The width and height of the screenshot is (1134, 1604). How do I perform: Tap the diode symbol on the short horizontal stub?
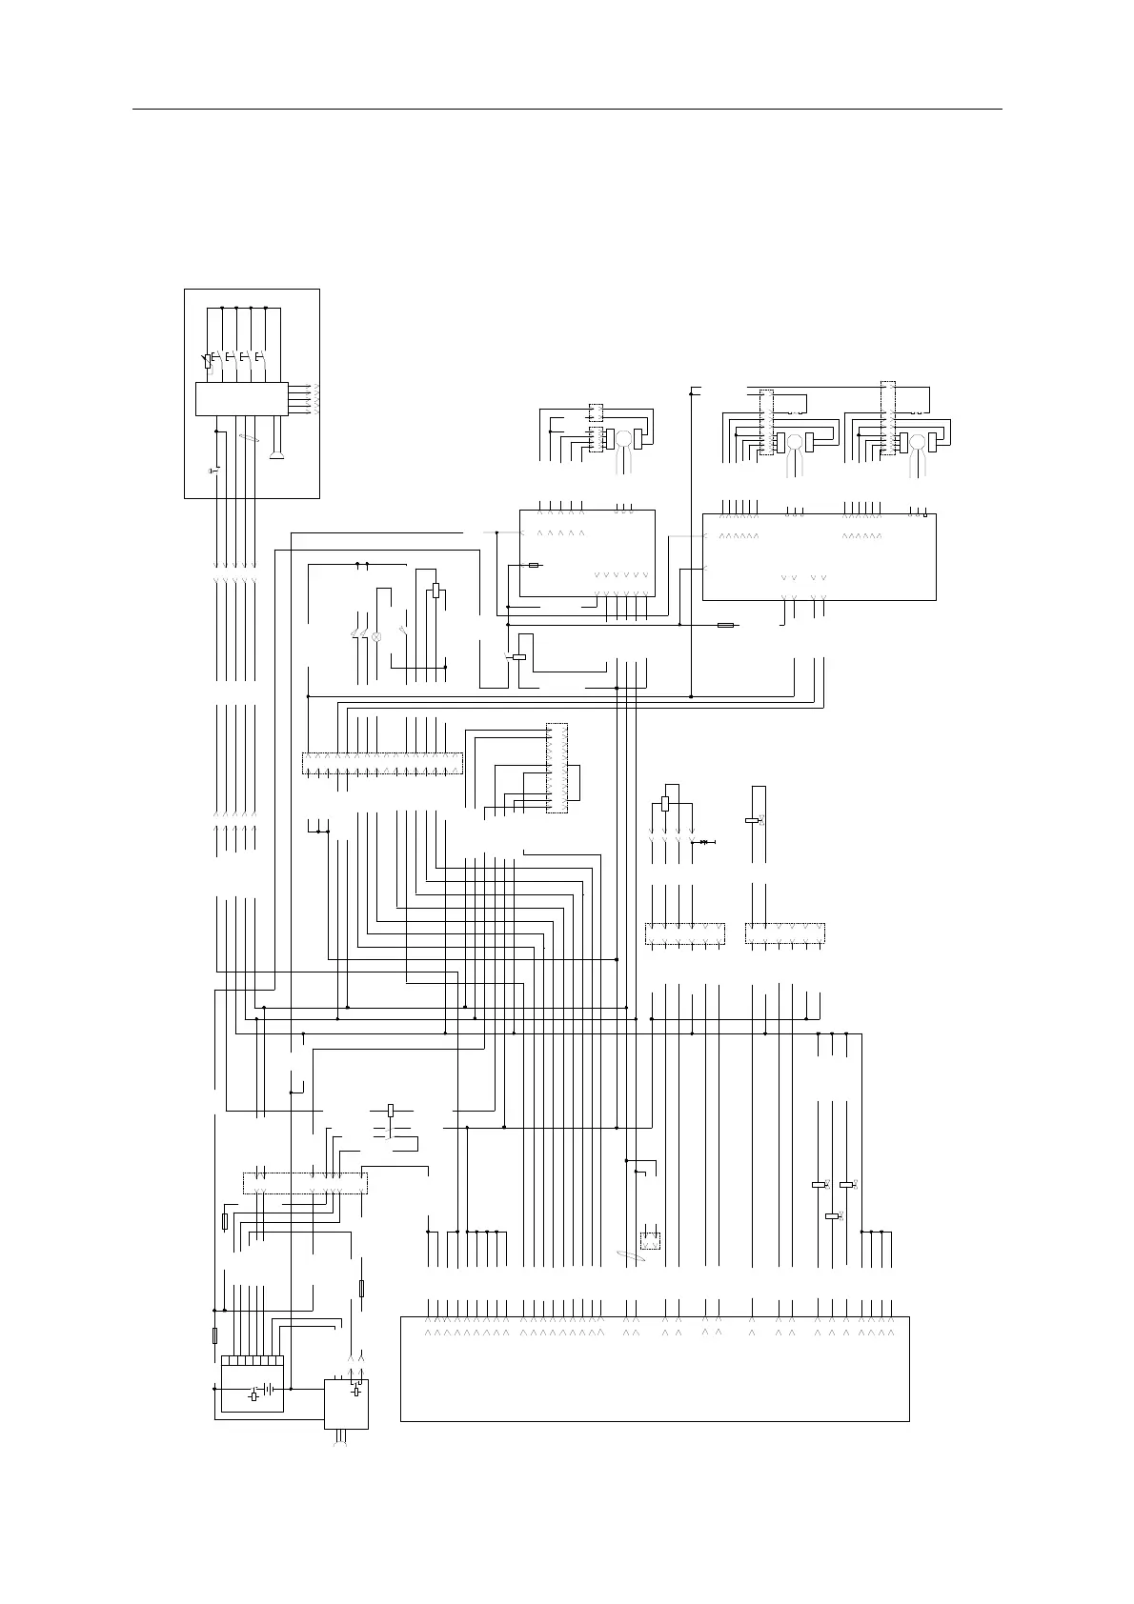coord(704,842)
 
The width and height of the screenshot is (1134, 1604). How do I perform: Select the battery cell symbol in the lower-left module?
coord(273,1390)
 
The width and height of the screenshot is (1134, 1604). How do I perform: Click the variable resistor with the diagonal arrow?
coord(208,360)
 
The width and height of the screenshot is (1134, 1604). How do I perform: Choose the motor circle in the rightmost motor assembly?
coord(918,441)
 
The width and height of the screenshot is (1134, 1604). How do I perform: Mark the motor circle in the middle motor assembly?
coord(793,441)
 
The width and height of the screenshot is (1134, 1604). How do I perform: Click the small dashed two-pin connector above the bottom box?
coord(650,1241)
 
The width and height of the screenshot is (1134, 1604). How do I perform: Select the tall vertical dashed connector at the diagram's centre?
coord(557,768)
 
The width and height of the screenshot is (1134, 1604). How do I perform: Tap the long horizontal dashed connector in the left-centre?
coord(382,763)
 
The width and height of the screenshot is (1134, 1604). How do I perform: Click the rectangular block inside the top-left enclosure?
coord(241,398)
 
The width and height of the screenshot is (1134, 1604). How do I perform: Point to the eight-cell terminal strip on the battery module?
coord(253,1360)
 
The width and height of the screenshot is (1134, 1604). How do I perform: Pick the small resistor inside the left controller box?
coord(534,565)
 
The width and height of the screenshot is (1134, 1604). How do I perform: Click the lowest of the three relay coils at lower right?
coord(832,1215)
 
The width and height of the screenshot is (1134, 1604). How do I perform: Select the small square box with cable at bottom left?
coord(346,1404)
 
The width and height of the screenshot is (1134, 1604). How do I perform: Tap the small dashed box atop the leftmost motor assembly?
coord(596,412)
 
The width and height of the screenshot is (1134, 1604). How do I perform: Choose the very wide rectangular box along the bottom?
coord(655,1369)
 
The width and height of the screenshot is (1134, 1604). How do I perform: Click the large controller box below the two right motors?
coord(819,557)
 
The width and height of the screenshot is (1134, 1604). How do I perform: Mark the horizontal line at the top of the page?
coord(567,110)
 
